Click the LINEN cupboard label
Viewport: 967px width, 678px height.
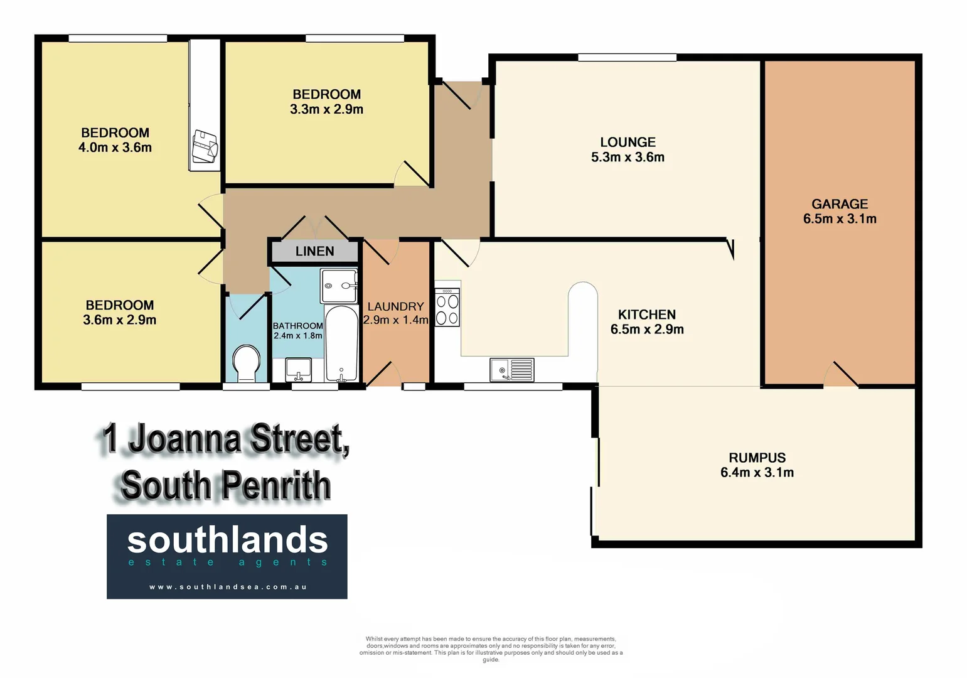[314, 251]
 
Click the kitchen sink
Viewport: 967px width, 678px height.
[511, 370]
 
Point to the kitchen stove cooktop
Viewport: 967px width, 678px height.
[447, 307]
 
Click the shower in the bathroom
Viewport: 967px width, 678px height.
[339, 286]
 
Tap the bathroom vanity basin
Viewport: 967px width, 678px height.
[299, 369]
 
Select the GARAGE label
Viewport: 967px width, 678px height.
[840, 204]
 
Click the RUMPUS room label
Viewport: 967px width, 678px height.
[757, 458]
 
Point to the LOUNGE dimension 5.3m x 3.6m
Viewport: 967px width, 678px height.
[628, 157]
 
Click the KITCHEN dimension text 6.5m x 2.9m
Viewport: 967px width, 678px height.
[647, 329]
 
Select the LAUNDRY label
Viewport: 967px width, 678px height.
[395, 306]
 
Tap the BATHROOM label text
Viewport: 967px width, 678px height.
[297, 326]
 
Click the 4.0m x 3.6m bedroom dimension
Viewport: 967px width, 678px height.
[115, 148]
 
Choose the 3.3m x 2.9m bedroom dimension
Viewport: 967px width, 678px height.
[326, 109]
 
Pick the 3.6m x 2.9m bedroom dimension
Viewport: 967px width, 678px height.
[119, 320]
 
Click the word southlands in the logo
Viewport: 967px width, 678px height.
[227, 540]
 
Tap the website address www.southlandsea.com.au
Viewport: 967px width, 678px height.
[227, 587]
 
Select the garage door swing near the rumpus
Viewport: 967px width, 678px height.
[841, 375]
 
